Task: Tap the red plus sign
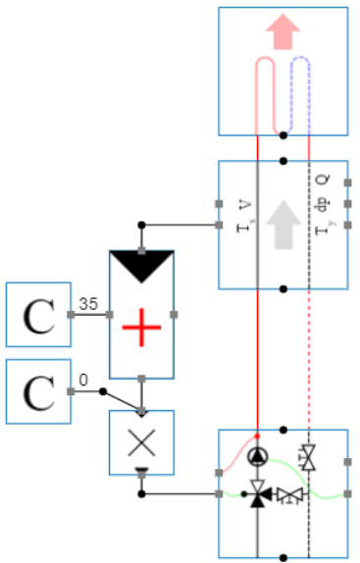(x=141, y=321)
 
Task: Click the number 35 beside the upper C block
(x=88, y=304)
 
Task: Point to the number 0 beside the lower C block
(x=83, y=380)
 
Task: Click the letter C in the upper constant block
(x=39, y=314)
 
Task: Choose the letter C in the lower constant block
(x=39, y=391)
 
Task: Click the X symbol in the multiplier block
(x=141, y=441)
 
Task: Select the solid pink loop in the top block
(x=267, y=83)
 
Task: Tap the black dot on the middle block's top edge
(x=283, y=161)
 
